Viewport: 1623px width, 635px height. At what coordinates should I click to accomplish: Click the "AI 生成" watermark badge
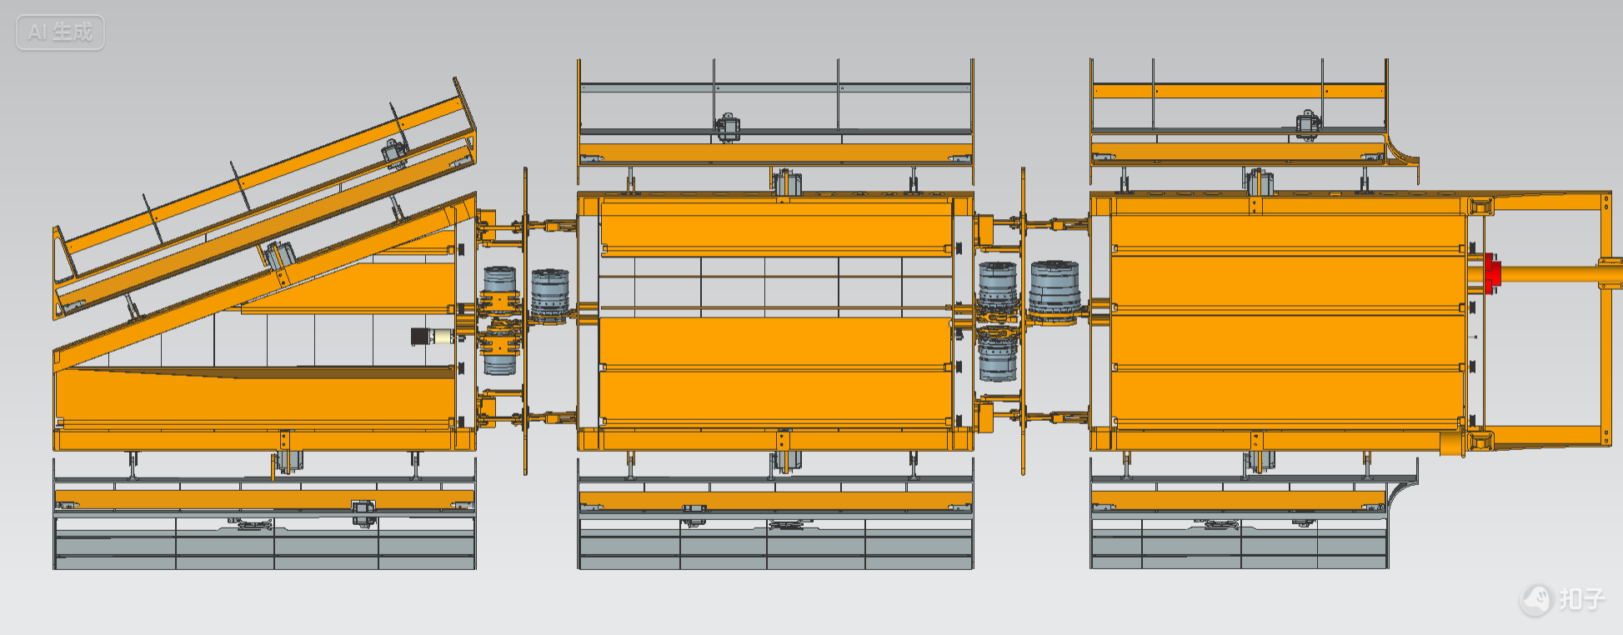coord(60,32)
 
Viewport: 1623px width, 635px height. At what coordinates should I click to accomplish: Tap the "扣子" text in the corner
coord(1581,598)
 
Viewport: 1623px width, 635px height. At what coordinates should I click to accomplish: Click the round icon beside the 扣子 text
coord(1535,599)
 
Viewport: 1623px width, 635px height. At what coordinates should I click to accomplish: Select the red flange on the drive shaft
coord(1491,274)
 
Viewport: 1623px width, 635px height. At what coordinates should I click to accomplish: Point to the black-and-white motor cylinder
coord(432,336)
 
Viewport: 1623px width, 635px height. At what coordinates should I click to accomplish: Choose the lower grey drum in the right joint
coord(998,357)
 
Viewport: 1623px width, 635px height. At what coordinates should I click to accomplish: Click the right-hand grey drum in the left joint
coord(550,295)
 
